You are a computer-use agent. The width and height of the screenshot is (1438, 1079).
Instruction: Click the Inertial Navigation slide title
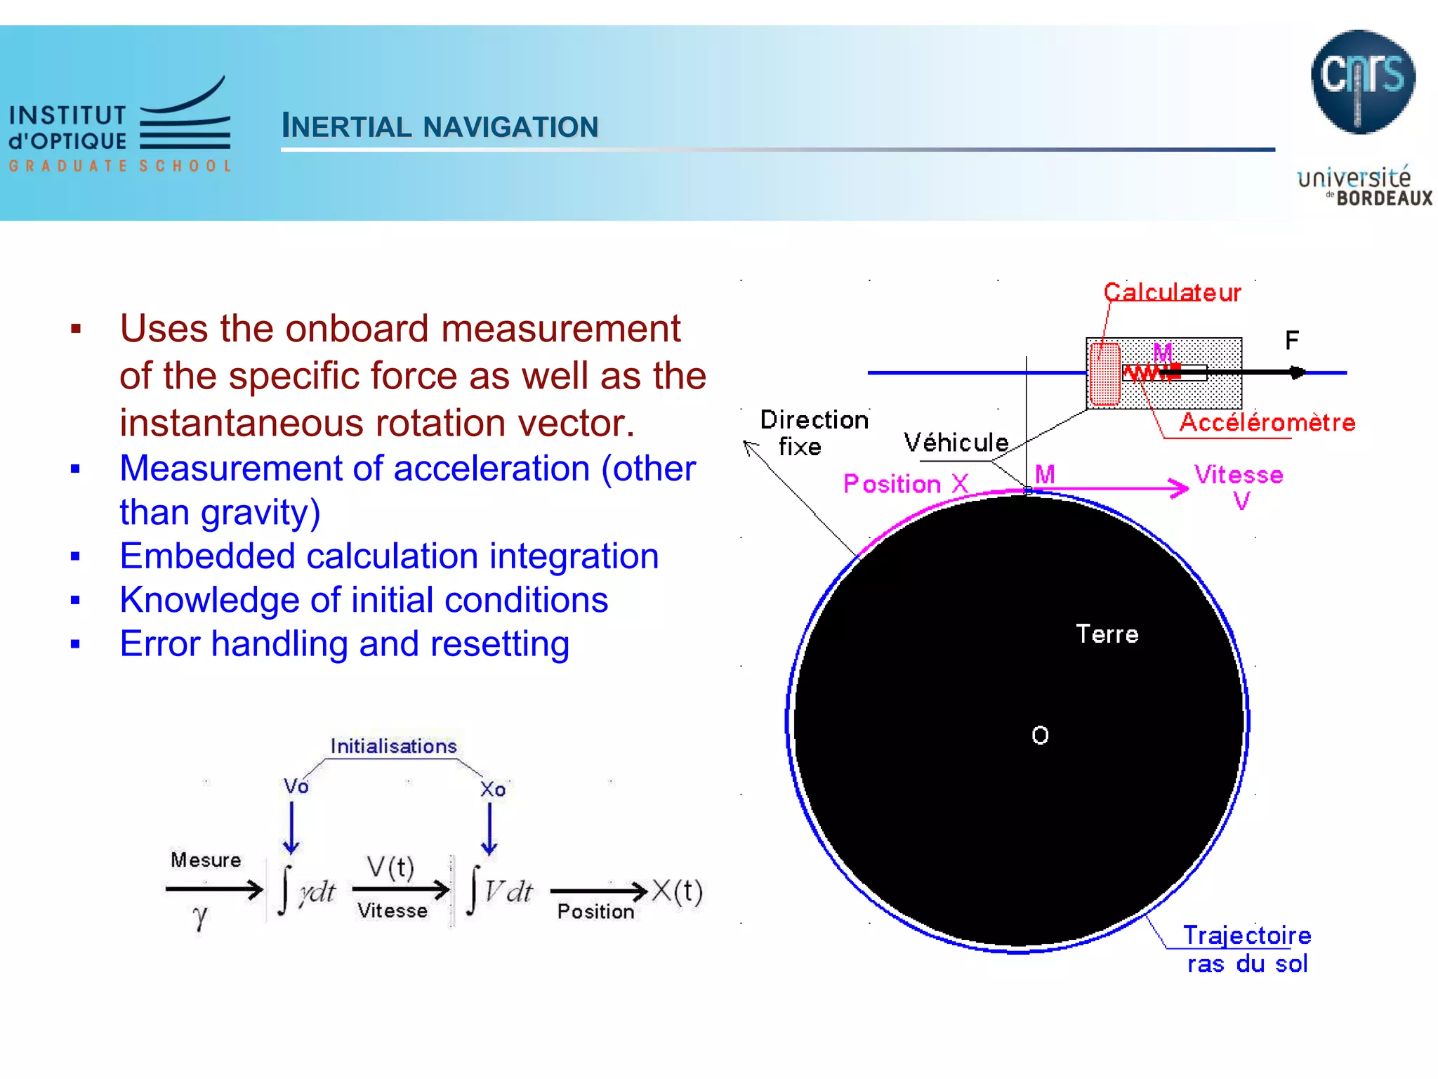[440, 126]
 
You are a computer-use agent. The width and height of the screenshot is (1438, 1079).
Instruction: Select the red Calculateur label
[1172, 292]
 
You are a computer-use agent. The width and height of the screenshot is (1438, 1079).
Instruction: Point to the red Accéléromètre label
[1267, 422]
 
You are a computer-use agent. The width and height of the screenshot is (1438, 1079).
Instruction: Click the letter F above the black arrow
[1291, 341]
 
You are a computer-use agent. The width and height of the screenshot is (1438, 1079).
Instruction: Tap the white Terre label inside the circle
[1107, 634]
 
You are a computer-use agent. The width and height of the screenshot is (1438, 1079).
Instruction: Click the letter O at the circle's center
[1040, 735]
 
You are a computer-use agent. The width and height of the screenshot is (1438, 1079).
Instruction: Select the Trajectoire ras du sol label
[1247, 950]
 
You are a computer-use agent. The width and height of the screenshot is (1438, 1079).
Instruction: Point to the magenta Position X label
[905, 484]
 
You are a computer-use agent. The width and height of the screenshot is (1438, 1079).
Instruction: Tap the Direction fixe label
[813, 433]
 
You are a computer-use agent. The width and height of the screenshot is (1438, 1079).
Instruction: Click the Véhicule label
[956, 443]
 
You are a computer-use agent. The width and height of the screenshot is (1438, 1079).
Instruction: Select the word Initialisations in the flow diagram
[393, 746]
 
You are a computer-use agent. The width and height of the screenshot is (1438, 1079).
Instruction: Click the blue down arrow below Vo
[291, 829]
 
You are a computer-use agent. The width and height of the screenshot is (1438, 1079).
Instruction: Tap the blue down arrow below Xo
[489, 829]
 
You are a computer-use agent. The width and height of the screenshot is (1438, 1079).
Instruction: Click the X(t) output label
[677, 891]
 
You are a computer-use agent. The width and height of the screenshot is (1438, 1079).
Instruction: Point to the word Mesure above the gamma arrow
[206, 860]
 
